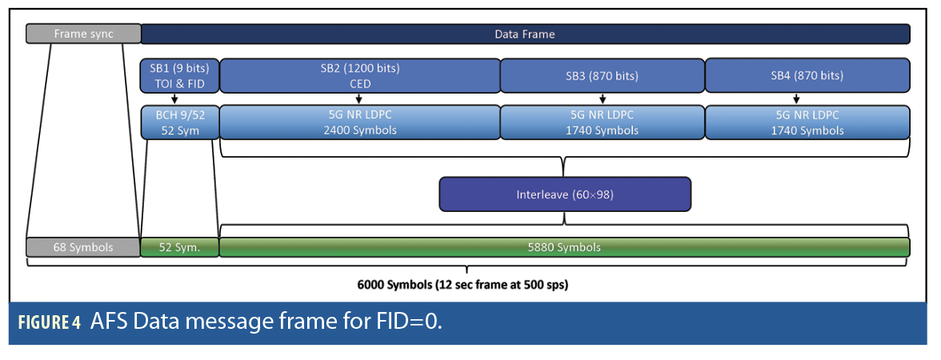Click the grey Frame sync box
(x=83, y=34)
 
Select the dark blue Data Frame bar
(x=525, y=34)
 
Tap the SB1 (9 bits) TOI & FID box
(x=180, y=76)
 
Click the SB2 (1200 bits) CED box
(x=359, y=76)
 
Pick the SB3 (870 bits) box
(x=602, y=76)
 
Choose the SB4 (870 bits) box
(x=807, y=76)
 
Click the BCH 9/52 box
(x=180, y=122)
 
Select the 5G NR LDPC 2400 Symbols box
(x=359, y=122)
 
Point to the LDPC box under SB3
(x=602, y=122)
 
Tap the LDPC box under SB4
(x=807, y=122)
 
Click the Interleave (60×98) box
(x=564, y=194)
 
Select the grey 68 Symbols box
(x=83, y=247)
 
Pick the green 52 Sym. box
(x=180, y=247)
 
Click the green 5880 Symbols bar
(x=564, y=247)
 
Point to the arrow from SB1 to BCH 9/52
(x=175, y=99)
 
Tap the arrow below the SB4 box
(x=807, y=99)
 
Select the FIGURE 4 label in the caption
(x=49, y=323)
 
